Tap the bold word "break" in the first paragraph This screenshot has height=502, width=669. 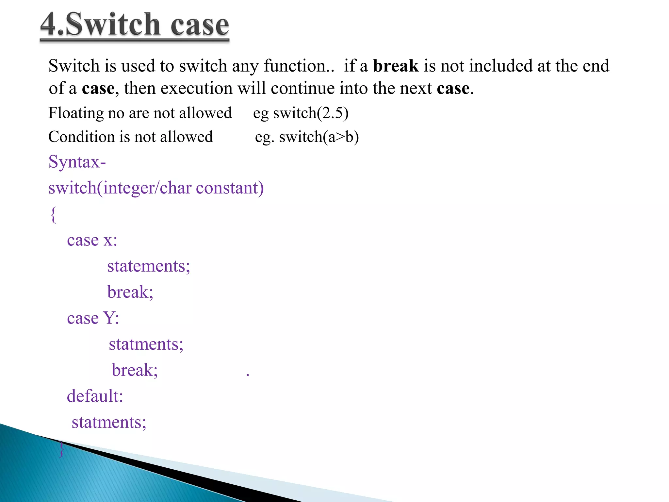(x=396, y=66)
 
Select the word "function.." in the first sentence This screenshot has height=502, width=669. (x=299, y=66)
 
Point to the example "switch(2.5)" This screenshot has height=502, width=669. (x=311, y=113)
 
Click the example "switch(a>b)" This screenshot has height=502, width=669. (x=319, y=137)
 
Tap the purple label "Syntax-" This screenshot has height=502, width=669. (x=77, y=162)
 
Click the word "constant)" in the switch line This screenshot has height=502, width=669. (x=230, y=188)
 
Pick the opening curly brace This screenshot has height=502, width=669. (x=53, y=214)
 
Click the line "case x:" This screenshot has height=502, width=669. (x=92, y=241)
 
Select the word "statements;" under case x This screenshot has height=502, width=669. (x=148, y=266)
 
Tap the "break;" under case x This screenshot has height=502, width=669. (x=130, y=292)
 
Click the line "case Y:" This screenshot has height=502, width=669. (x=93, y=318)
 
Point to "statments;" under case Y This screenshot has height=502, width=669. (x=146, y=344)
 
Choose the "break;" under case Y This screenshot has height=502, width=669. (x=135, y=370)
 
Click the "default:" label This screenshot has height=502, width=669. (x=95, y=396)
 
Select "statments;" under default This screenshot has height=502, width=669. (x=109, y=423)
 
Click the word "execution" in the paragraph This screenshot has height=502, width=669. (x=196, y=89)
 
